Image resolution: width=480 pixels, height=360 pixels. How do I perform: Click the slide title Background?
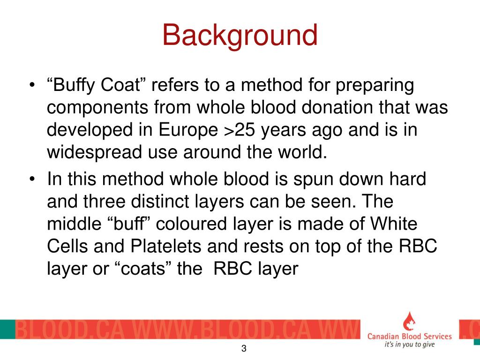pos(240,36)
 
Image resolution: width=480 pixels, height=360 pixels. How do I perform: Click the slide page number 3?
pos(244,349)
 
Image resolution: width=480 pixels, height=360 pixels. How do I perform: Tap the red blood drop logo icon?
pos(409,321)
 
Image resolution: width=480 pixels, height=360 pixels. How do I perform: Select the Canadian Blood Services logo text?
pos(409,336)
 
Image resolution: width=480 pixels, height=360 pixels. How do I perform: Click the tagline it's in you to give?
pos(409,345)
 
